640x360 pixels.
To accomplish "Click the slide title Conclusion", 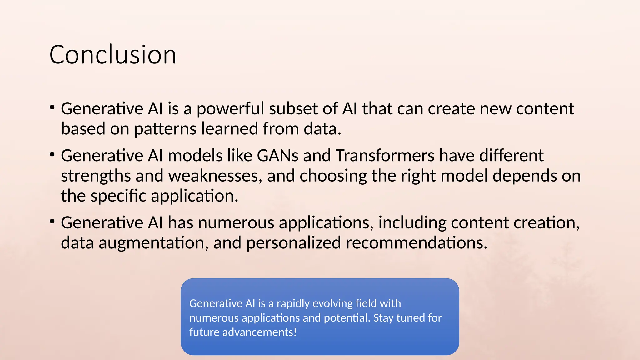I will (113, 55).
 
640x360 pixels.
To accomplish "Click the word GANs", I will (277, 156).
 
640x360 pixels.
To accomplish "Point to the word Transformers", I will (385, 156).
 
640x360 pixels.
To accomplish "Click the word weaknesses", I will (215, 176).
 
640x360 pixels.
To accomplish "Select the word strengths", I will (96, 176).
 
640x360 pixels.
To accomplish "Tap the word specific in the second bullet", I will (118, 196).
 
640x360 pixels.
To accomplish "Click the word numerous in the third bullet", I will (236, 223).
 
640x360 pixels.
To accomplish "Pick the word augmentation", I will (153, 243).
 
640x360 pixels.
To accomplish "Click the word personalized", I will (293, 243).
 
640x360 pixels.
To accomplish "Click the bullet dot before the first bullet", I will (52, 108).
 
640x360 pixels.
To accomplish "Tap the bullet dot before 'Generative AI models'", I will (52, 154).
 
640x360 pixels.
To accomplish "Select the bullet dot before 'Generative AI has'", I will (52, 222).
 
